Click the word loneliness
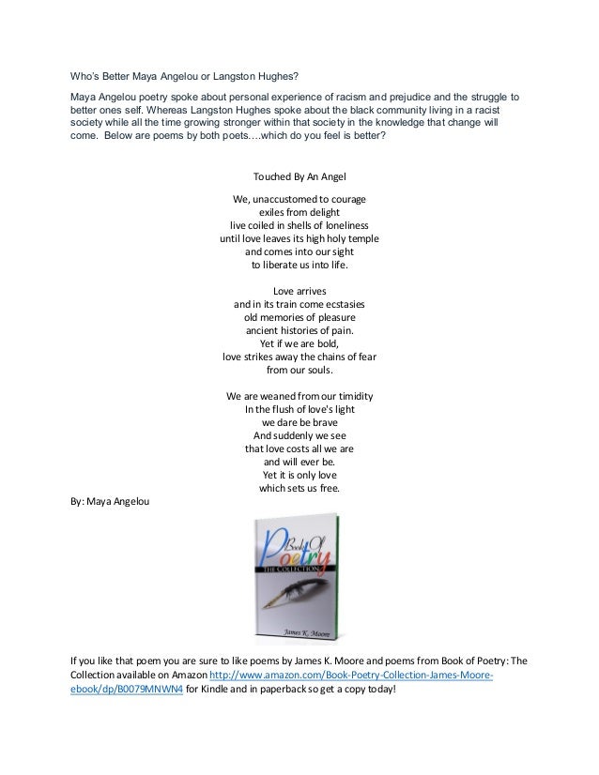click(x=340, y=226)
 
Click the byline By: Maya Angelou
click(x=110, y=501)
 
